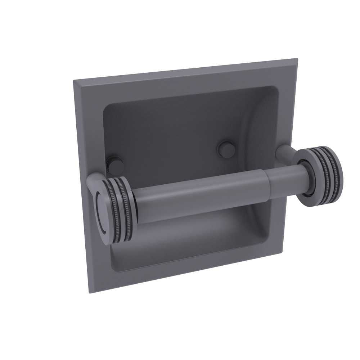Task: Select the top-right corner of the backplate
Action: (297, 59)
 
